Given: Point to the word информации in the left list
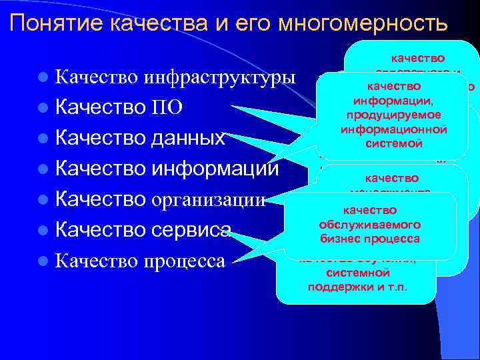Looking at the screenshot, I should click(215, 169).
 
